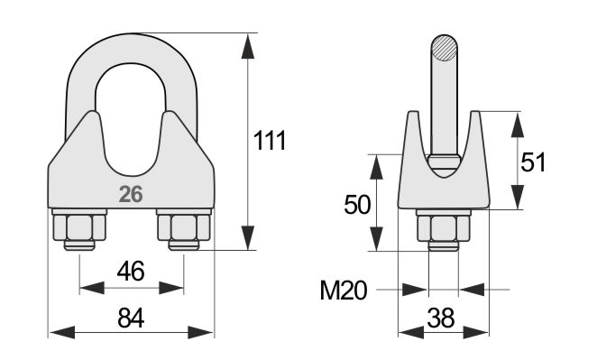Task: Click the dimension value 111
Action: coord(270,140)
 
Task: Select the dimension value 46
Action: coord(131,272)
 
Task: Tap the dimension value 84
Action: coord(131,318)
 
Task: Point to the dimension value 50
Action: coord(357,205)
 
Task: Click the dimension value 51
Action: coord(533,162)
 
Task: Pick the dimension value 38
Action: coord(441,318)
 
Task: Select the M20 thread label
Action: coord(344,291)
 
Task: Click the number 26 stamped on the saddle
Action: coord(131,194)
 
